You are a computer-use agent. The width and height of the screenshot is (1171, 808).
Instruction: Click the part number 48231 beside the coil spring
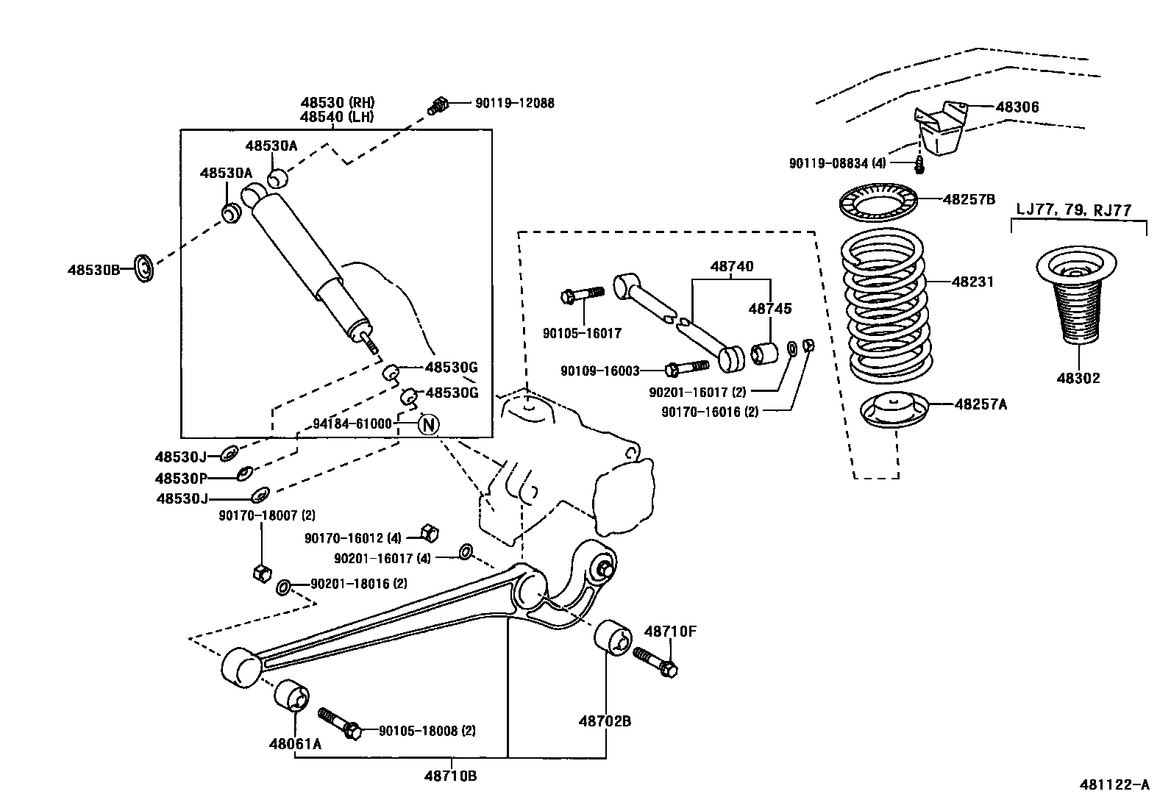pos(972,282)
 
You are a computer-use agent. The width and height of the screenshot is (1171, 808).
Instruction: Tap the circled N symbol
pos(429,424)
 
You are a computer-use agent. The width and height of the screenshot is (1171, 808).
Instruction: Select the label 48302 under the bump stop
pos(1078,378)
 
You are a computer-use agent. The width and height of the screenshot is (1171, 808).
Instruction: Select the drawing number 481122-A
pos(1114,784)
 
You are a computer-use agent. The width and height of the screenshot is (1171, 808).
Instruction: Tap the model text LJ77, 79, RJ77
pos(1073,210)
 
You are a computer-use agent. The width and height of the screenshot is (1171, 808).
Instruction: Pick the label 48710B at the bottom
pos(450,775)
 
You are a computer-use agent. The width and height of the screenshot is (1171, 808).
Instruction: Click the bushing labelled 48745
pos(766,353)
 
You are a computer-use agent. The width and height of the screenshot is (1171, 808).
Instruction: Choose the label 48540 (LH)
pos(336,116)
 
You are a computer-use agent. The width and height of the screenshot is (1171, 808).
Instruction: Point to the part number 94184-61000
pos(352,424)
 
